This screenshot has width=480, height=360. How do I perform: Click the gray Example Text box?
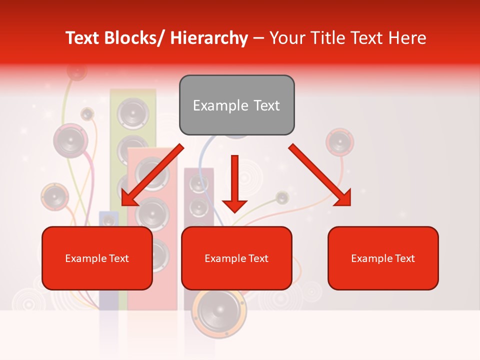pos(236,105)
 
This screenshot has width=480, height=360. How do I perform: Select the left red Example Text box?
pos(97,258)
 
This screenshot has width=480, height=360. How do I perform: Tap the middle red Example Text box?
pos(236,258)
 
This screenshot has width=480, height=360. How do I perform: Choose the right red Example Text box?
pos(383,258)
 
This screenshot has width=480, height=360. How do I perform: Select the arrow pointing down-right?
pos(320,175)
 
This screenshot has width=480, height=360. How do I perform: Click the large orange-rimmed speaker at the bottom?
pos(219,312)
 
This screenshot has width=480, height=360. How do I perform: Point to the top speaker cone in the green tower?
pos(133,112)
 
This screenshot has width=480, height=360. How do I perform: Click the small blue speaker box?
pos(108,220)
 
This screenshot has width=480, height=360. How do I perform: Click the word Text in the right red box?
pos(404,258)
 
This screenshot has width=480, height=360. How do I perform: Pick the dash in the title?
pos(258,38)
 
